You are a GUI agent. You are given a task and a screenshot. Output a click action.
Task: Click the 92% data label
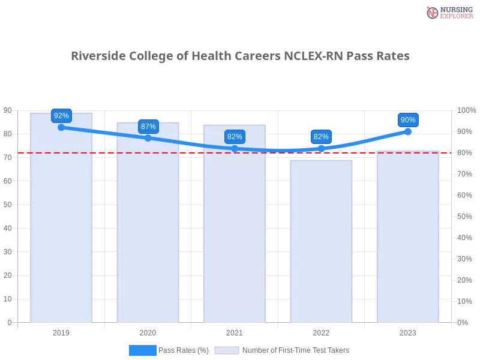tap(61, 115)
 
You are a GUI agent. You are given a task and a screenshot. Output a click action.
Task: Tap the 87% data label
tap(148, 126)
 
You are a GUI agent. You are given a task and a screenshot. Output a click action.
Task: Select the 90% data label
tap(408, 119)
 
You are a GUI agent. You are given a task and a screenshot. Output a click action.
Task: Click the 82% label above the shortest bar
tap(321, 136)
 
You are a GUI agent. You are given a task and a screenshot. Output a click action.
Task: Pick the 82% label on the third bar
tap(235, 136)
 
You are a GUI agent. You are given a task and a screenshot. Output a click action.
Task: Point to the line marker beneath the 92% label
tap(61, 127)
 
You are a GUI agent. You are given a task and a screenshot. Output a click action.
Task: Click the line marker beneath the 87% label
tap(148, 138)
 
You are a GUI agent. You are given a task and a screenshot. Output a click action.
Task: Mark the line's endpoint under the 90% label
tap(408, 130)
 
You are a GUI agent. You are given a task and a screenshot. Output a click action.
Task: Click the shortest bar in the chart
tap(322, 240)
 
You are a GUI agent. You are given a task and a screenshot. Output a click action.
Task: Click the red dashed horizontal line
tap(240, 152)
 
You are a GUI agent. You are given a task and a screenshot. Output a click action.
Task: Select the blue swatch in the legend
tap(143, 350)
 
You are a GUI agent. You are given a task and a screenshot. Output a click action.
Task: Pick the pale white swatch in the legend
tap(227, 350)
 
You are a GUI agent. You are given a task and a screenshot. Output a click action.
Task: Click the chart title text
tap(240, 56)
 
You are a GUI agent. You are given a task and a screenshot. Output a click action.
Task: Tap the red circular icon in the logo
tap(433, 13)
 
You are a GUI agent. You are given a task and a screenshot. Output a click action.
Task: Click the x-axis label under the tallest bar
tap(62, 331)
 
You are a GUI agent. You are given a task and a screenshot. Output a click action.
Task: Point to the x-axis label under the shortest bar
tap(322, 331)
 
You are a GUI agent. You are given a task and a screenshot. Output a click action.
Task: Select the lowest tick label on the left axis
tap(9, 322)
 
